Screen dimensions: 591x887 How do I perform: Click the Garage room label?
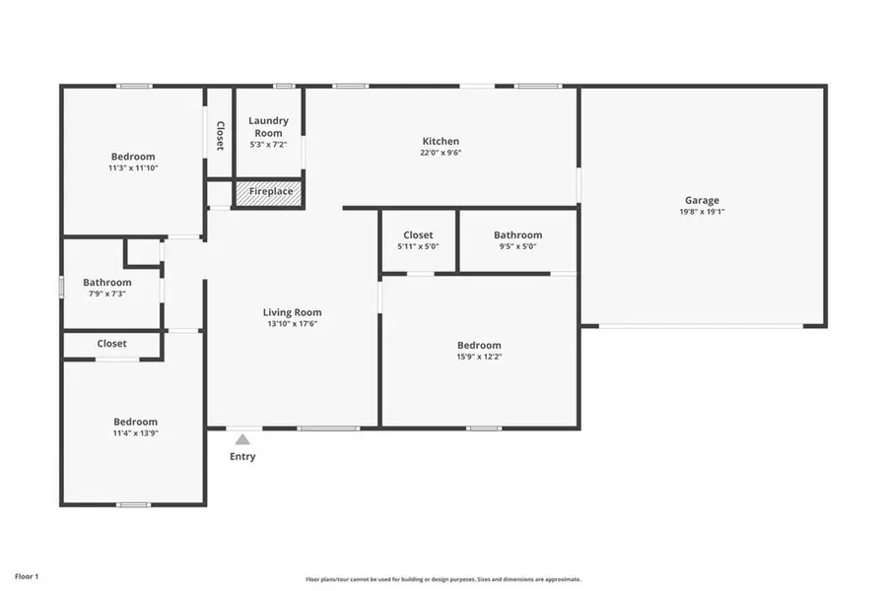point(702,200)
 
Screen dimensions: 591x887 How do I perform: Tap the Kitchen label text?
point(441,141)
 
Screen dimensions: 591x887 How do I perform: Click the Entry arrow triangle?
point(242,439)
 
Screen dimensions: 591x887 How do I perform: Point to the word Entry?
point(242,456)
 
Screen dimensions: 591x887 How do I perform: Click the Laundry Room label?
point(268,126)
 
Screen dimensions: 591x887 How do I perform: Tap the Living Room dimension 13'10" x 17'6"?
point(292,323)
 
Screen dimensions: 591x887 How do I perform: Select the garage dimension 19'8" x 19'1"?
point(702,212)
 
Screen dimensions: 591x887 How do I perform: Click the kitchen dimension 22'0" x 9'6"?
point(441,153)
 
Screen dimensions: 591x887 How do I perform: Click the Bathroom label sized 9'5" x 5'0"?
point(517,235)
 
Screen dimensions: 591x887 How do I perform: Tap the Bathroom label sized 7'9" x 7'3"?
point(106,283)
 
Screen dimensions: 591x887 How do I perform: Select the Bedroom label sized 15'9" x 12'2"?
point(479,345)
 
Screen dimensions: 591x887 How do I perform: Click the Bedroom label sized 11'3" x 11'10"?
point(133,157)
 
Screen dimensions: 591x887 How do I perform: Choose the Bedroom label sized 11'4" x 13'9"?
point(134,422)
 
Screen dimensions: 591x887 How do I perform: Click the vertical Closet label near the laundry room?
point(220,135)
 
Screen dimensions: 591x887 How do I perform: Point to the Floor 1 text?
point(27,575)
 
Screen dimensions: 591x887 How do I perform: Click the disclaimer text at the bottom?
point(443,579)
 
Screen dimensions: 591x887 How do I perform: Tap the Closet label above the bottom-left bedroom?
point(111,344)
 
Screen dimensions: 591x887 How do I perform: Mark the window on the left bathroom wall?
point(61,286)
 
